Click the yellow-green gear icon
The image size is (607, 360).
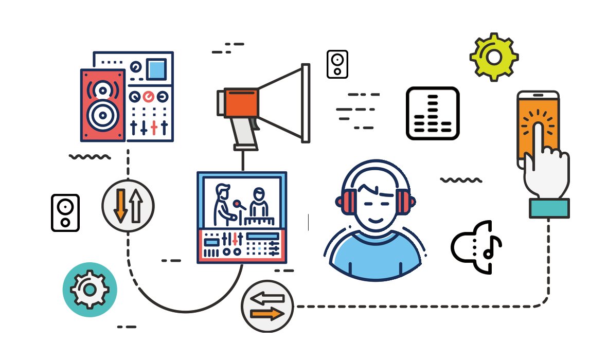pyautogui.click(x=494, y=57)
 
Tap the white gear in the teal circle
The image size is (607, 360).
pyautogui.click(x=90, y=290)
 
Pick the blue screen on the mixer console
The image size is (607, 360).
pyautogui.click(x=156, y=69)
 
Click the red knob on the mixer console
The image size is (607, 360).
pyautogui.click(x=149, y=96)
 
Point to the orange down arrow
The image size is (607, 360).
pyautogui.click(x=120, y=205)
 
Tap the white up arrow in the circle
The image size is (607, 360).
pyautogui.click(x=136, y=205)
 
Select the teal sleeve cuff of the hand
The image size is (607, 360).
pyautogui.click(x=549, y=208)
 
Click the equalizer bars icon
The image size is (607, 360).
pyautogui.click(x=433, y=114)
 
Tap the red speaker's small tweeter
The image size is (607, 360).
pyautogui.click(x=103, y=91)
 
